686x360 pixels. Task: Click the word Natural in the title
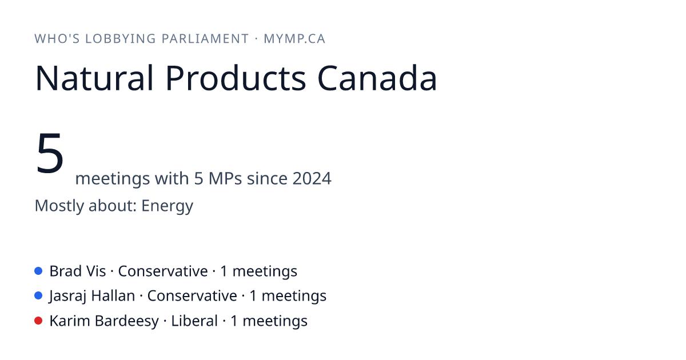point(94,78)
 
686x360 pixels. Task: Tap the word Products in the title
point(236,78)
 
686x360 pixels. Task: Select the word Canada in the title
point(377,78)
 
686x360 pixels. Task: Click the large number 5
point(50,153)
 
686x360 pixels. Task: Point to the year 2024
point(312,178)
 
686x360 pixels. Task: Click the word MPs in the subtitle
point(225,178)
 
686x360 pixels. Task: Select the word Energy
point(167,206)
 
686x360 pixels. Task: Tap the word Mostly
point(59,206)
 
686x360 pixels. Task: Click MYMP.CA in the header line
point(294,39)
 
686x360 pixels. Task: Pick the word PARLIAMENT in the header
point(205,39)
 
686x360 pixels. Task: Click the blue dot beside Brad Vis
point(38,271)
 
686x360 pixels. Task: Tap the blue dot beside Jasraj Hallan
point(38,296)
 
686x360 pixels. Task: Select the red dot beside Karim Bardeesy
point(38,321)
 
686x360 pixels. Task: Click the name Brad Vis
point(78,271)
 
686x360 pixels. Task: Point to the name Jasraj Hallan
point(92,296)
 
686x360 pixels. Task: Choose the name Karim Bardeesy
point(104,321)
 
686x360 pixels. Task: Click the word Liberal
point(194,321)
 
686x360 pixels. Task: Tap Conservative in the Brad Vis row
point(163,271)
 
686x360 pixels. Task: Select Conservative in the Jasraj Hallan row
point(192,296)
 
